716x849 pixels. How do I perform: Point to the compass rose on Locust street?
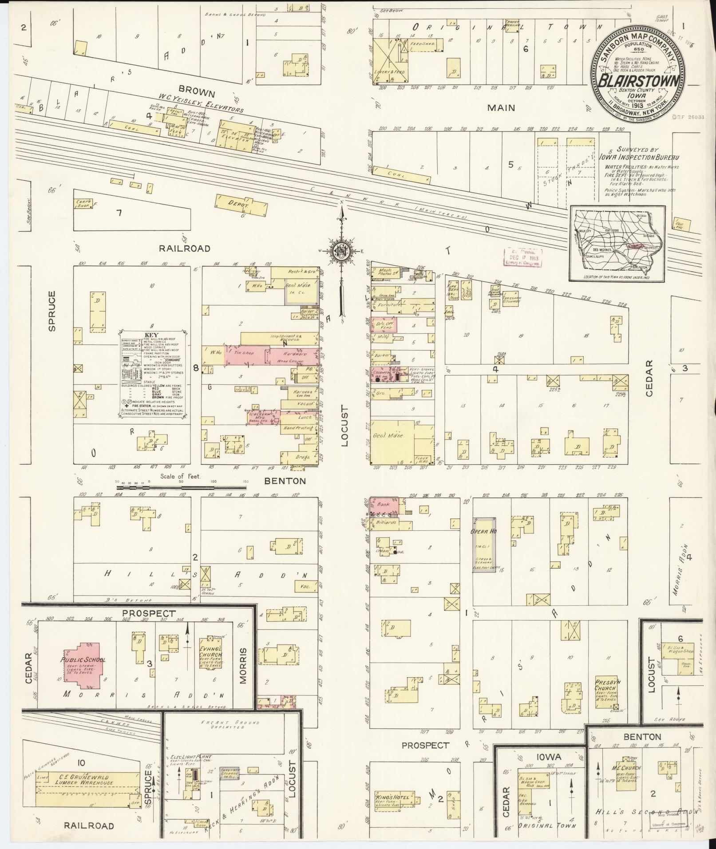[x=342, y=251]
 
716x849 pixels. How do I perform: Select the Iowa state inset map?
[x=617, y=244]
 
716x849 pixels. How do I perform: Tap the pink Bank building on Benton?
[x=385, y=504]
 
